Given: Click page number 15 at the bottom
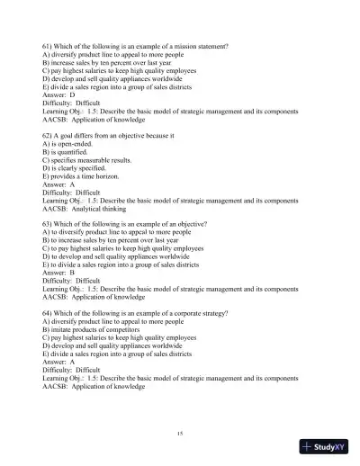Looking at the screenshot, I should (181, 434).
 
